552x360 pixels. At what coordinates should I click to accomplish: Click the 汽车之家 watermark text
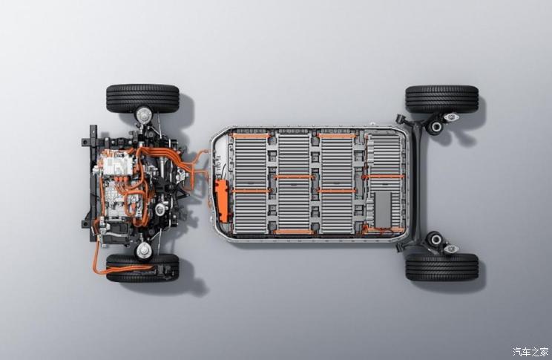(530, 352)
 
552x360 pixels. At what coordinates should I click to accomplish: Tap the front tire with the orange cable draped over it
(142, 268)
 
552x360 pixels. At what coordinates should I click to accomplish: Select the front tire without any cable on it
(142, 98)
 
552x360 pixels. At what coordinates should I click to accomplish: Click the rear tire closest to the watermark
(442, 267)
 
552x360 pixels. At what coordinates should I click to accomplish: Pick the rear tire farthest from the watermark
(442, 99)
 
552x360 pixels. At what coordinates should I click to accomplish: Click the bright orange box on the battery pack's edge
(222, 200)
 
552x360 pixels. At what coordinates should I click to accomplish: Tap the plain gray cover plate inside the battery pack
(383, 209)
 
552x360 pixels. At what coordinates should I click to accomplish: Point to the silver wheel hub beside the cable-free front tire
(143, 115)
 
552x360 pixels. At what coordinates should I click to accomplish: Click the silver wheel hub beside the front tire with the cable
(144, 250)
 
